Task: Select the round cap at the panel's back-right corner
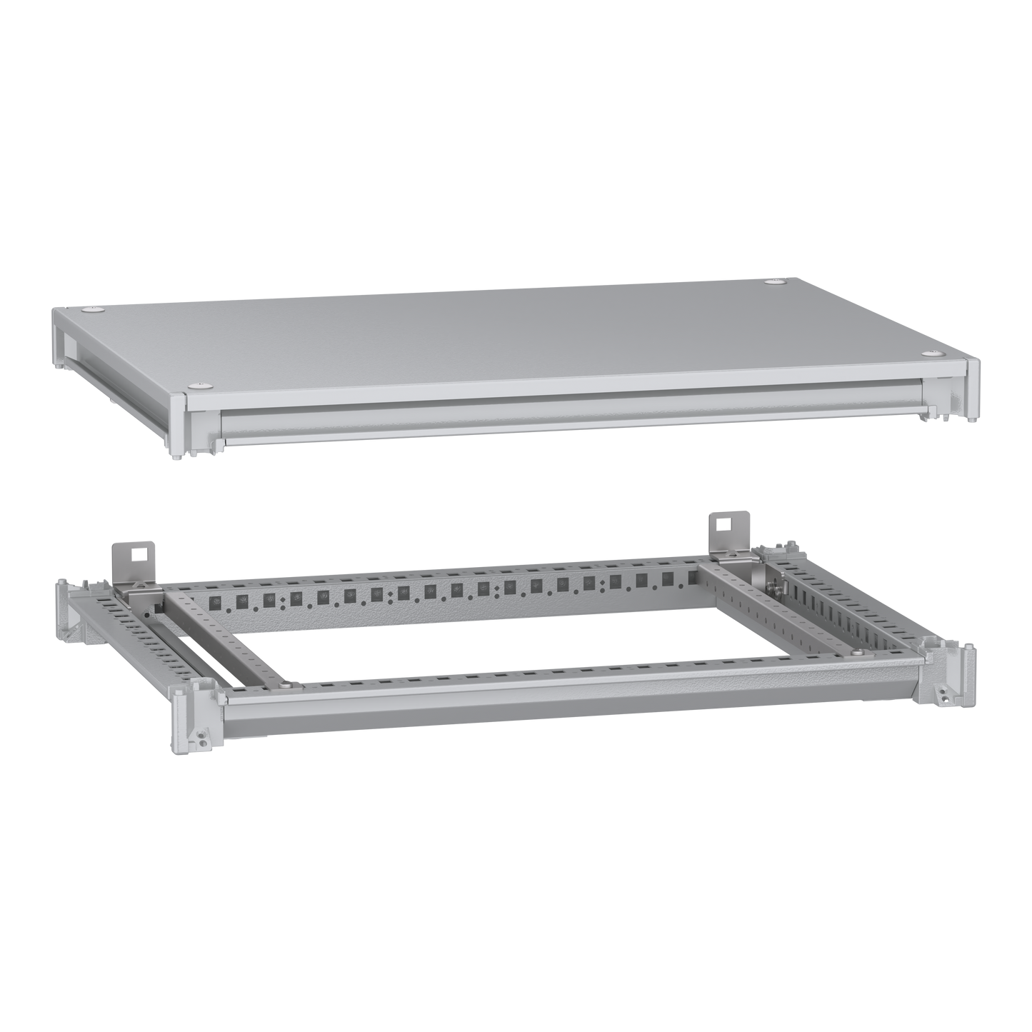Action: click(x=773, y=284)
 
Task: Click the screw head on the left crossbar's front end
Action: click(x=286, y=686)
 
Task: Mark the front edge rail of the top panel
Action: click(x=571, y=421)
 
